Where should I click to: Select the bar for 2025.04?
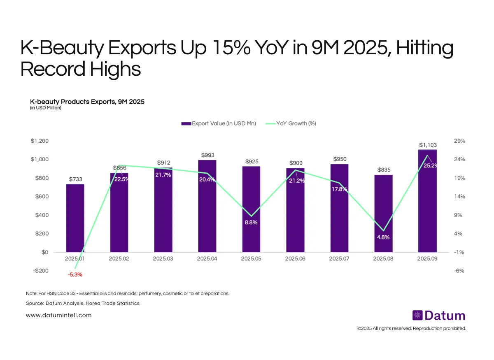coord(207,206)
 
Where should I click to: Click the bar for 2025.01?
coord(75,218)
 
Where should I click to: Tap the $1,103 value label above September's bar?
coord(428,145)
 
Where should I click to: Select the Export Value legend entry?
coord(218,123)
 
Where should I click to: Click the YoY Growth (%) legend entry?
coord(291,123)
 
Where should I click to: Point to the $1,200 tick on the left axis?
coord(40,141)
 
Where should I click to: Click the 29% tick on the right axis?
coord(459,141)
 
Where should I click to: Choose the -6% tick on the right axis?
coord(459,271)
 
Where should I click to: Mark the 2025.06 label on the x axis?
coord(295,259)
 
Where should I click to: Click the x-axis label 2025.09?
coord(427,259)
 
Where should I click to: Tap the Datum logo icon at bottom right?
coord(417,316)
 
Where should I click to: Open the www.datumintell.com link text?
coord(58,315)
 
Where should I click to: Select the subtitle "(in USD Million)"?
coord(46,108)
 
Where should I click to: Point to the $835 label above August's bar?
coord(383,170)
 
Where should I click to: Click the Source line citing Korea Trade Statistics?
coord(82,303)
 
